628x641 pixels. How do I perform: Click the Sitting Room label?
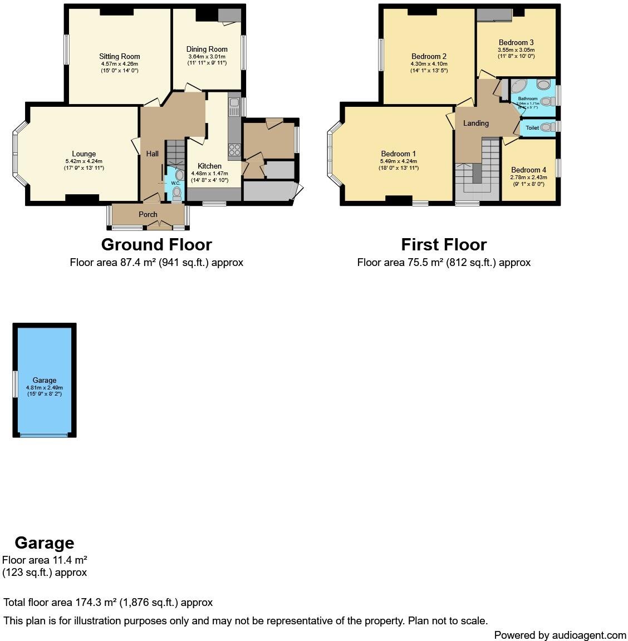[x=119, y=56]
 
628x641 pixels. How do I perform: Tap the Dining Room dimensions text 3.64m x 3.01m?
[x=207, y=57]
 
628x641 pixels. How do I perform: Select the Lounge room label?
[x=84, y=154]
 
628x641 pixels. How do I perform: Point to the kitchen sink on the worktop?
[x=234, y=103]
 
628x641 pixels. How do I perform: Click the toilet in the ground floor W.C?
[x=177, y=193]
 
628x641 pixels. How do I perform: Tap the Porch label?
[x=148, y=214]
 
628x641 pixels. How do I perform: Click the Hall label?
[x=152, y=154]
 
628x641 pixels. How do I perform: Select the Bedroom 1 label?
[x=398, y=154]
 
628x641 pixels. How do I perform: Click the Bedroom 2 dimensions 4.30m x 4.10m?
[x=429, y=64]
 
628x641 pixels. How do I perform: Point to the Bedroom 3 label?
[x=516, y=42]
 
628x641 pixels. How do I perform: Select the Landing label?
[x=476, y=124]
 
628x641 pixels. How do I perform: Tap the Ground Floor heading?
[x=156, y=245]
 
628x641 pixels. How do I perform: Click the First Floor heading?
[x=444, y=245]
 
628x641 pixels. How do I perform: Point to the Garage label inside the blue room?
[x=45, y=381]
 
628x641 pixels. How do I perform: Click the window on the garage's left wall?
[x=15, y=384]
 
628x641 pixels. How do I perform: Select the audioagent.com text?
[x=589, y=635]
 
